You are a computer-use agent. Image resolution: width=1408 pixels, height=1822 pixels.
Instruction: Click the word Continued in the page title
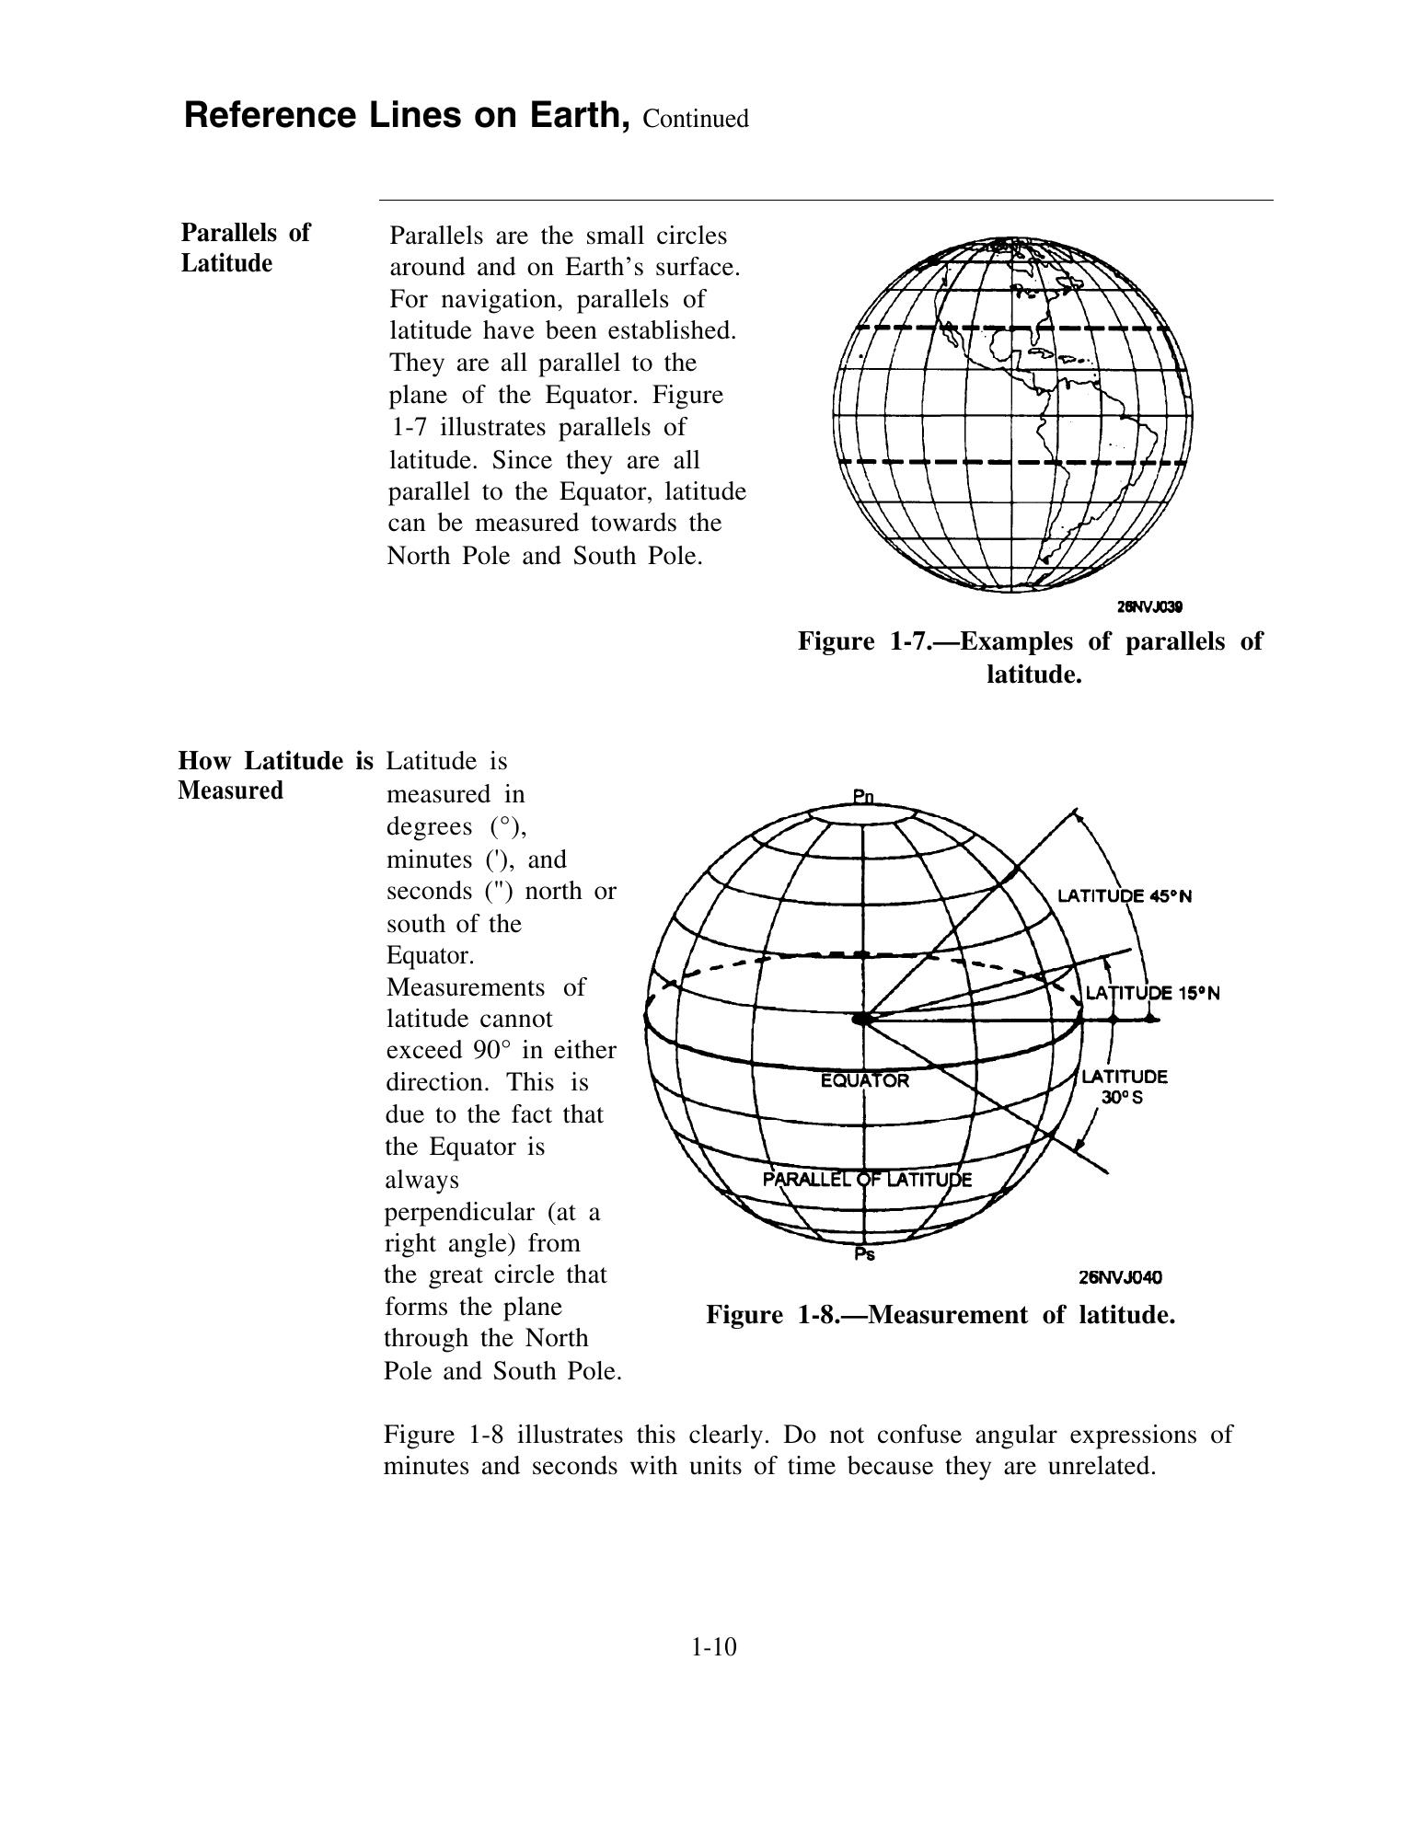(696, 120)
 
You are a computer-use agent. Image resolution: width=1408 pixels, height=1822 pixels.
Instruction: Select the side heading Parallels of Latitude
(245, 248)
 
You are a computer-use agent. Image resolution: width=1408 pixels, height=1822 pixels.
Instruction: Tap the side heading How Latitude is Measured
(275, 775)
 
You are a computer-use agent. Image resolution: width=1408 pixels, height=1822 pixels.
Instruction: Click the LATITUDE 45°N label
(1124, 896)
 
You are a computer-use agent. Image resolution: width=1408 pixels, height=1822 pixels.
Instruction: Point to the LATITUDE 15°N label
(1152, 993)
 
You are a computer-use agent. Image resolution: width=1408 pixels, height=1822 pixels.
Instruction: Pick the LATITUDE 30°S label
(1124, 1087)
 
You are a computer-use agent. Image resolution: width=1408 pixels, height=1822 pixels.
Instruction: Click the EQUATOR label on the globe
(864, 1081)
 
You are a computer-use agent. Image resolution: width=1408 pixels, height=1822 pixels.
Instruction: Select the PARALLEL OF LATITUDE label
(867, 1180)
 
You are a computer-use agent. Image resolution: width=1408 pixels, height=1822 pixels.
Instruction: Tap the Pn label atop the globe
(862, 797)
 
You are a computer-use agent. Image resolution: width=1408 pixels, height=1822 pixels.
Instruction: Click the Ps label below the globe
(864, 1253)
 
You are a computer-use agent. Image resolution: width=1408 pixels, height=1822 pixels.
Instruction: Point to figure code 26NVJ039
(1148, 606)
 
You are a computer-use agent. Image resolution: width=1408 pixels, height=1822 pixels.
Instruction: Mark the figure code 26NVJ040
(1120, 1277)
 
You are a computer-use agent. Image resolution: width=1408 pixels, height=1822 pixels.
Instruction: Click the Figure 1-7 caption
(1030, 657)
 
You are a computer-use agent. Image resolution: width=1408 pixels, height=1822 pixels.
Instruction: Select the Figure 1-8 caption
(941, 1314)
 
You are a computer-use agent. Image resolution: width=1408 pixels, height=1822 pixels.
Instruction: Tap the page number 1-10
(714, 1646)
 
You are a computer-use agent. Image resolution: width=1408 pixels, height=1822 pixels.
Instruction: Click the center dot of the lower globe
(862, 1019)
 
